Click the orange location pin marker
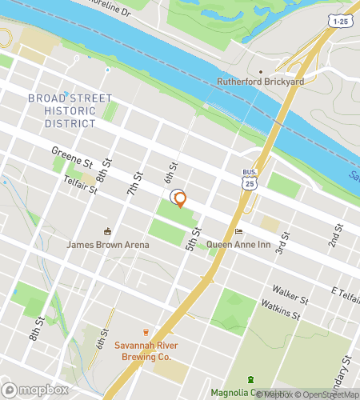[180, 199]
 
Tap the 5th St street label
[192, 238]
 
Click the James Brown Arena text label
[108, 245]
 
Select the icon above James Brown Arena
[108, 231]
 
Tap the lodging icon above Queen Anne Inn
[238, 232]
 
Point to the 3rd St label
[282, 246]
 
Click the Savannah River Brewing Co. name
[146, 350]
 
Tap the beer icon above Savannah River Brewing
[146, 331]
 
